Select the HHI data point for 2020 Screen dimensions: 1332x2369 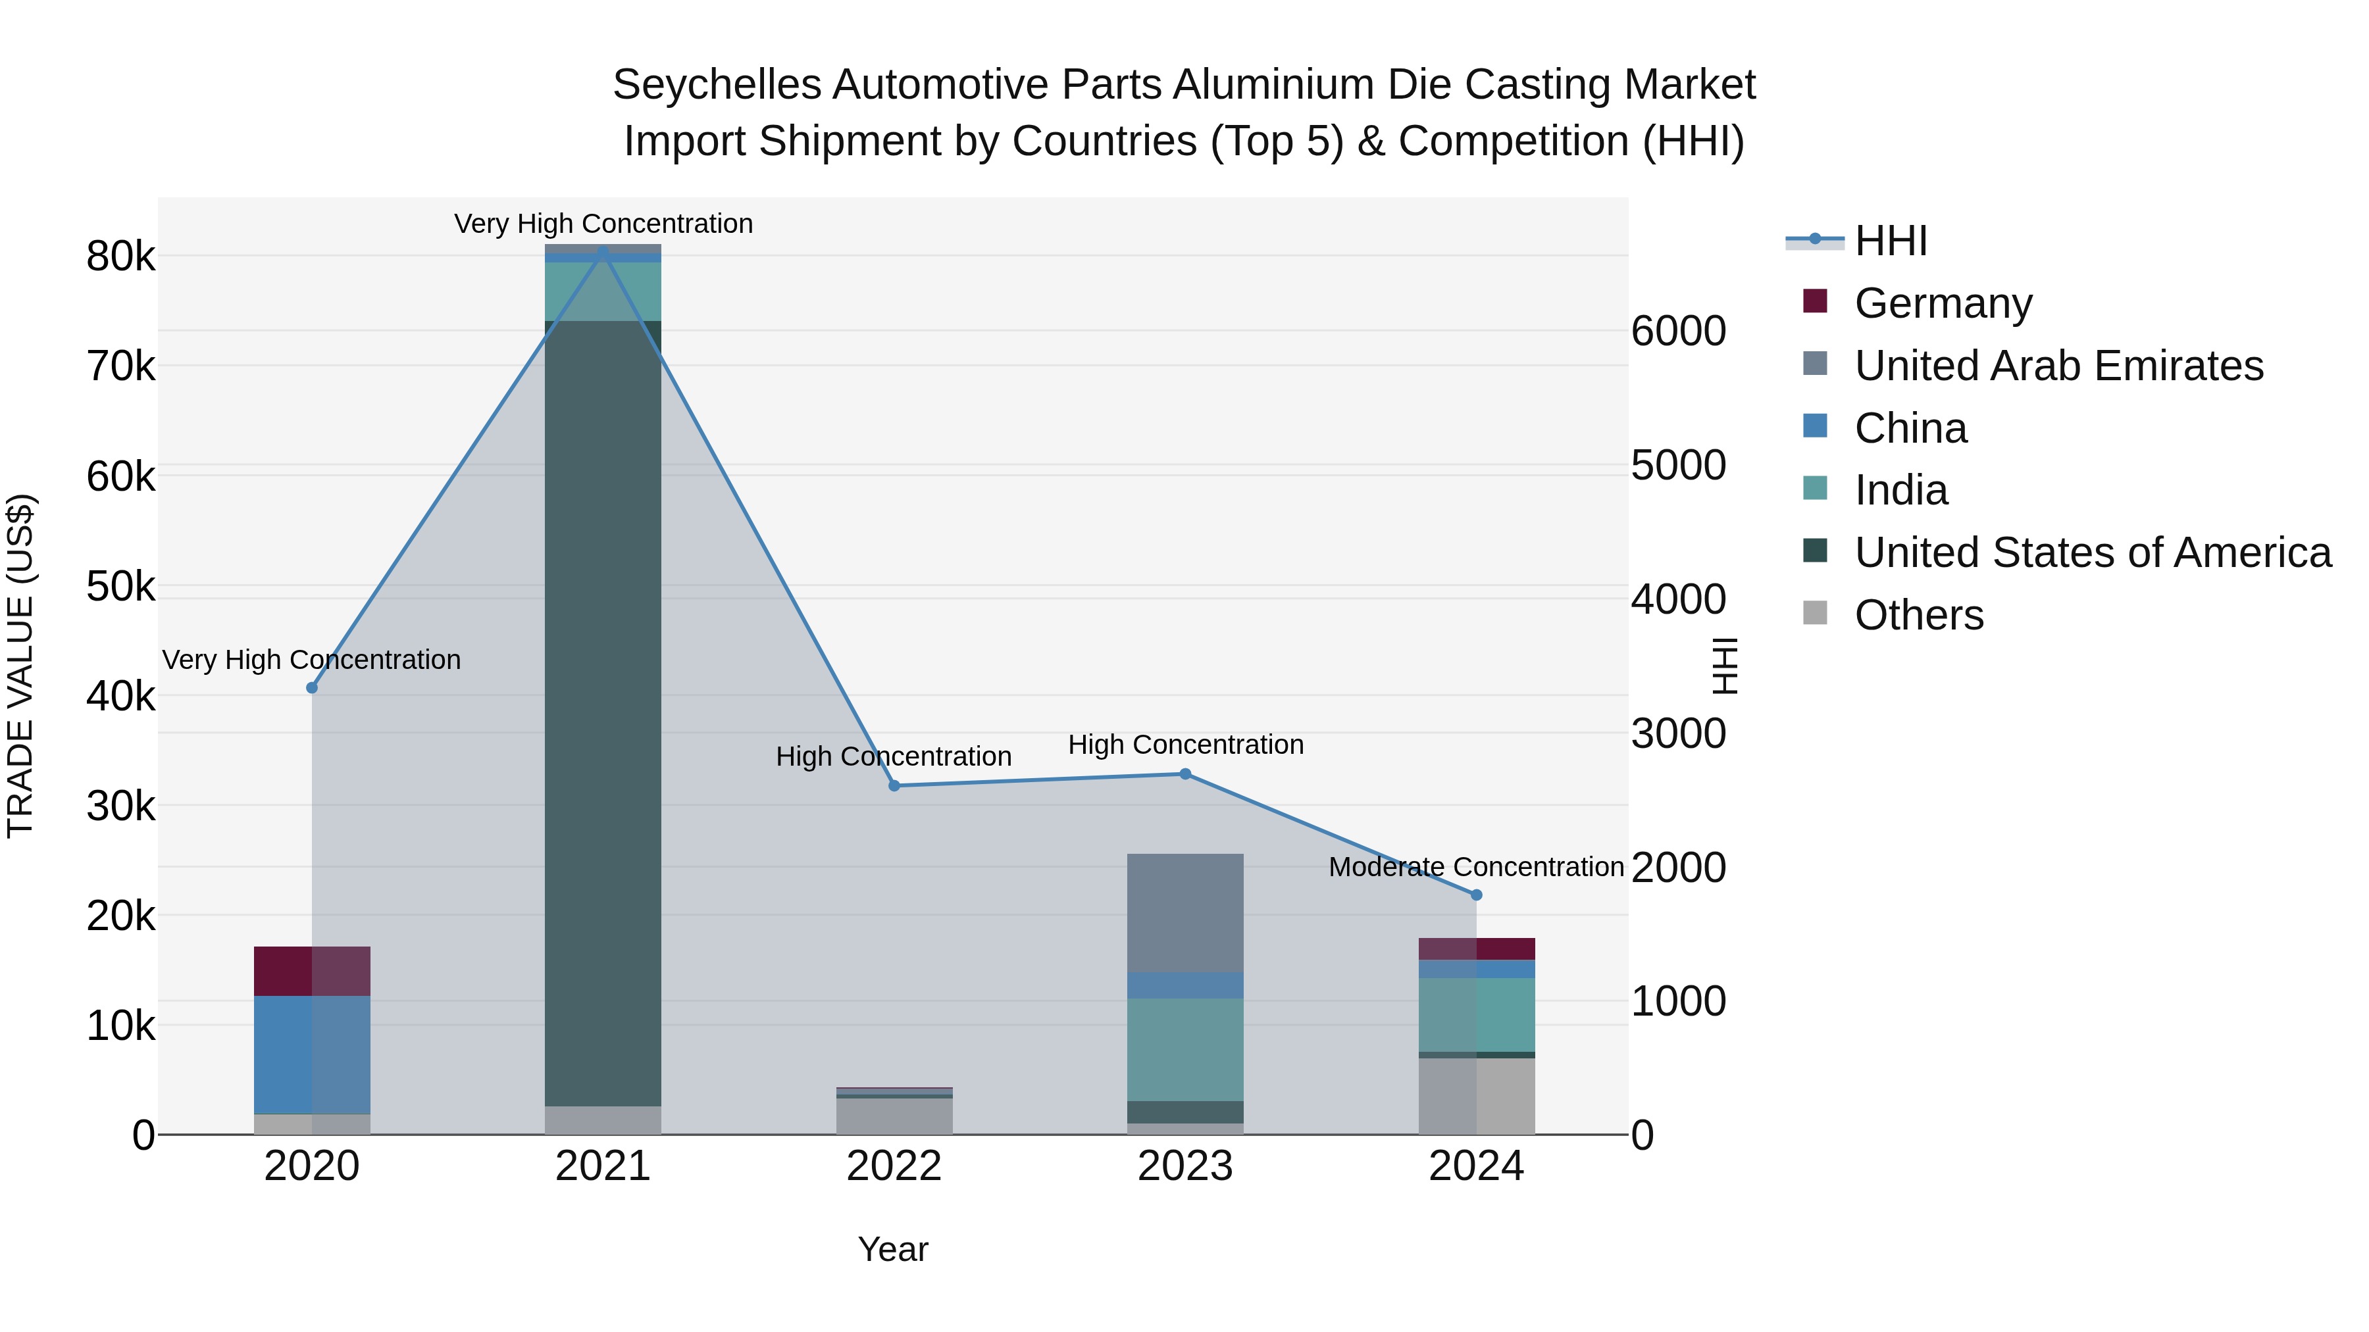click(312, 687)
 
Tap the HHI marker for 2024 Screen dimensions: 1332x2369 click(1477, 895)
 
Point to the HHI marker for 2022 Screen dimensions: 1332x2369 click(894, 786)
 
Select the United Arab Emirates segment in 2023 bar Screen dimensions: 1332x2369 click(1185, 913)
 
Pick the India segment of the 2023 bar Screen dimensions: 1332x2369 click(1185, 1049)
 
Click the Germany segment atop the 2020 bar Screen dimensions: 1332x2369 click(312, 971)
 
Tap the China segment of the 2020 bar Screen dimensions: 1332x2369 click(312, 1054)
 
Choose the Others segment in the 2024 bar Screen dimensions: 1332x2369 click(1477, 1096)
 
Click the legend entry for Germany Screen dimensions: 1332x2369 click(1943, 303)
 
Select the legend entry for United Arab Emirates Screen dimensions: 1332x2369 click(2058, 366)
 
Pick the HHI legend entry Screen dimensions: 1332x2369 click(1890, 241)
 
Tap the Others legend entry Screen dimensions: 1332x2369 click(1918, 615)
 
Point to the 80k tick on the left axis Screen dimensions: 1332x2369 click(120, 257)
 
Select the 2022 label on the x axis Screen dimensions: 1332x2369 click(894, 1166)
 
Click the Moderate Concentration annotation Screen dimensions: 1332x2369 click(1475, 867)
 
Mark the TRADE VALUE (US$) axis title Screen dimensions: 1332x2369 click(20, 666)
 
